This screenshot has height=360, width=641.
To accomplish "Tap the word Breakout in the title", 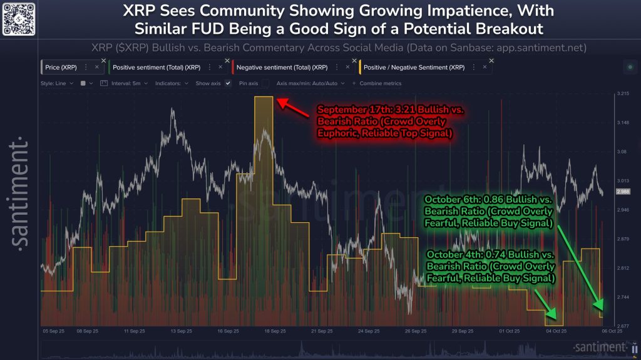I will (506, 29).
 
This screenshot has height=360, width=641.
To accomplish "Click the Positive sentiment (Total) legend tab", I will (165, 66).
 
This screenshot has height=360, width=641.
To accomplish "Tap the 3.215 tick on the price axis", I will (622, 94).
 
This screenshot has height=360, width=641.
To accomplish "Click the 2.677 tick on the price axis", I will (622, 326).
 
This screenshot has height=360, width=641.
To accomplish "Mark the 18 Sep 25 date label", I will (275, 331).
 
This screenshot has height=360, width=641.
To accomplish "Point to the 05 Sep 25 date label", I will (53, 331).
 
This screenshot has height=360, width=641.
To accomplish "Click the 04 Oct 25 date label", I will (556, 331).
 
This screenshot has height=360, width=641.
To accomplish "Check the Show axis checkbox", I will (228, 83).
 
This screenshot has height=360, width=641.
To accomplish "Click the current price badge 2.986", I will (623, 191).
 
